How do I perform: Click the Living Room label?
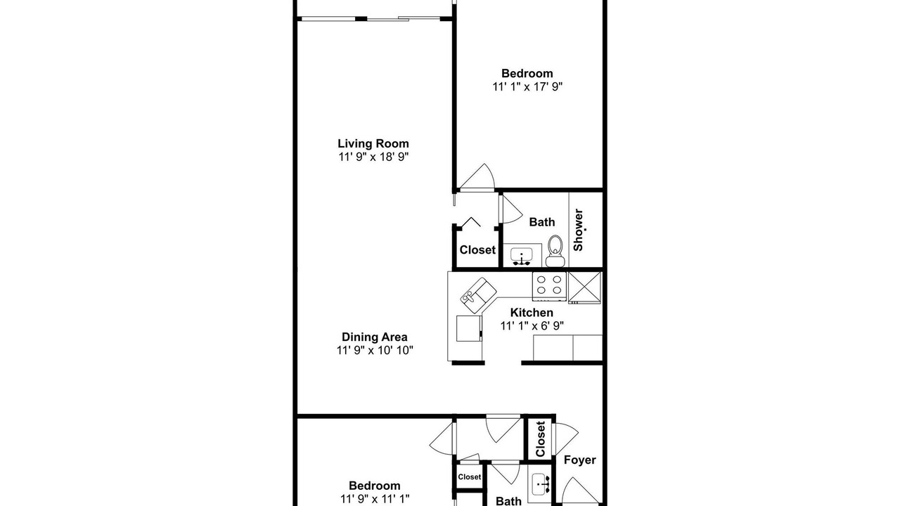373,143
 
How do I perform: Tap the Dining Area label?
375,337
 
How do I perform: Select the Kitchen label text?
532,313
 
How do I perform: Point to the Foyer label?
580,460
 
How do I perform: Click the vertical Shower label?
578,230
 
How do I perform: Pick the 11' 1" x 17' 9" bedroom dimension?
527,86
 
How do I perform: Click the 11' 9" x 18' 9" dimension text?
373,157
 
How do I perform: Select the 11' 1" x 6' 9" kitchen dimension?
532,325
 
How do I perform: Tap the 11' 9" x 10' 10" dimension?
375,350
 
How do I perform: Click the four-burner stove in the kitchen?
549,286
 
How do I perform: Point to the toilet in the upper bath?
555,251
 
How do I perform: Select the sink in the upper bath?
522,257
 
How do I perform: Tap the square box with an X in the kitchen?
584,287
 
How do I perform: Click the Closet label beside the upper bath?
477,249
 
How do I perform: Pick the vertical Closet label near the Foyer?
541,439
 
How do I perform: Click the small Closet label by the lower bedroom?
469,476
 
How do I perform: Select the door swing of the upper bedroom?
477,176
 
